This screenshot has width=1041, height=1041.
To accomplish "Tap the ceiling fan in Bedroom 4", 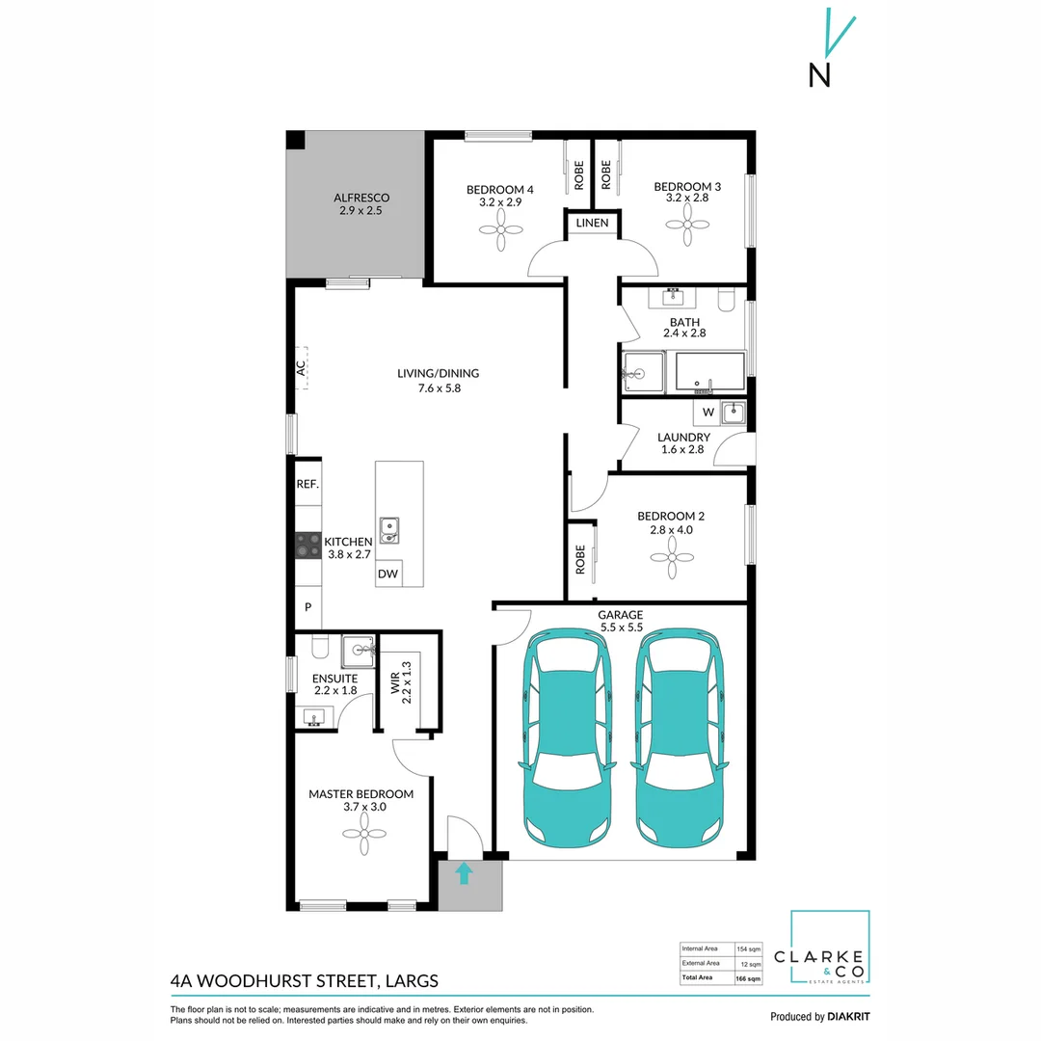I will [x=500, y=230].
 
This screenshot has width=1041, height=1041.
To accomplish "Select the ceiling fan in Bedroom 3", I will [x=687, y=230].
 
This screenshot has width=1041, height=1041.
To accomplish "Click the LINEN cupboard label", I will [x=592, y=223].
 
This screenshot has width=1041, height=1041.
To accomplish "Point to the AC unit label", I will [x=301, y=367].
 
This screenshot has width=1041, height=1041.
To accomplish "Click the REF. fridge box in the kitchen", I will [x=307, y=484].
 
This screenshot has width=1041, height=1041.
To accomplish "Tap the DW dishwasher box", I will [x=387, y=574].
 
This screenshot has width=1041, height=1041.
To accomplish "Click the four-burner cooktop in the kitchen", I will [x=307, y=547].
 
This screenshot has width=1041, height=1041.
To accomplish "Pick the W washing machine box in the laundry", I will [x=708, y=413].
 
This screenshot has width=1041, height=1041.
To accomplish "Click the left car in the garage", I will [x=567, y=734].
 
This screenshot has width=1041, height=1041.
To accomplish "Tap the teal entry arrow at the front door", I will [x=464, y=873].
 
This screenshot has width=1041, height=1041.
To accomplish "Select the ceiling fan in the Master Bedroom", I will [x=364, y=831].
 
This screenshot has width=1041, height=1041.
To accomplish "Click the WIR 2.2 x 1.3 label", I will [x=399, y=679].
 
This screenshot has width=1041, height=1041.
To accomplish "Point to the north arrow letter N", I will [x=819, y=75].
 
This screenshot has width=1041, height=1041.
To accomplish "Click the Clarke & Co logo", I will [x=830, y=949].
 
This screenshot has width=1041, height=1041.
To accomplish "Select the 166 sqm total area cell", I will [x=749, y=978].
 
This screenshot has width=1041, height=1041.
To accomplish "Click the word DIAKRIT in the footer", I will [x=848, y=1017].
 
